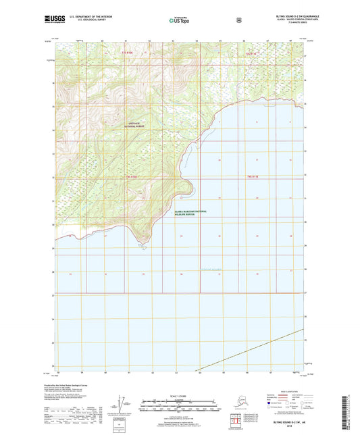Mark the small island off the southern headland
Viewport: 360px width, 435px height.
145,247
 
